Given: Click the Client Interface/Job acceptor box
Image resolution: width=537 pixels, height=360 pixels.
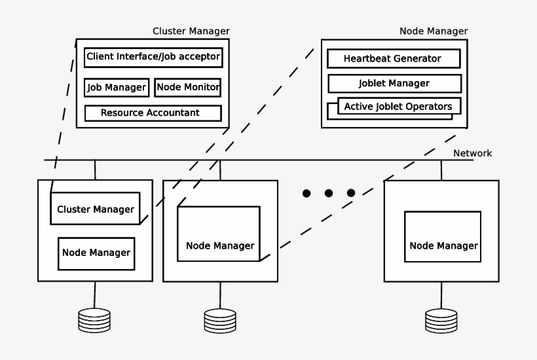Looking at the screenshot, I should pyautogui.click(x=153, y=57).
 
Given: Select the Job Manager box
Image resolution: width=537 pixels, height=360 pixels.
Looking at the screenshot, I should pyautogui.click(x=116, y=87).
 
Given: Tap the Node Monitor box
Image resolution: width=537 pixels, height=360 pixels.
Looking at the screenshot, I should pyautogui.click(x=188, y=87).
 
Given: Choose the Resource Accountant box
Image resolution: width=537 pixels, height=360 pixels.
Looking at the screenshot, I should pyautogui.click(x=153, y=113).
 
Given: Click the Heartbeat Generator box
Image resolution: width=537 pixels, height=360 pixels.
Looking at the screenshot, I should pyautogui.click(x=393, y=58).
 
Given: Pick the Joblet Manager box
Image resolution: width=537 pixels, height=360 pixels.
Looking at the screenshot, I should pyautogui.click(x=394, y=83).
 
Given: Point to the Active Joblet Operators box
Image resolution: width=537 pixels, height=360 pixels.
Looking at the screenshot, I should pyautogui.click(x=398, y=106).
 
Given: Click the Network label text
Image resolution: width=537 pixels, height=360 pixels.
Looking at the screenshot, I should pyautogui.click(x=472, y=153).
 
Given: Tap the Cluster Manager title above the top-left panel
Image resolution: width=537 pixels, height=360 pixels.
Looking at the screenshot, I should pyautogui.click(x=191, y=31).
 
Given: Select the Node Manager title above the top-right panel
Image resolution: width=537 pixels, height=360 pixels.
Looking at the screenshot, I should pyautogui.click(x=434, y=31).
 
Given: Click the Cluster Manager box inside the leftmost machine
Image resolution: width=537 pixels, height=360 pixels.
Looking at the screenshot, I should pyautogui.click(x=96, y=209).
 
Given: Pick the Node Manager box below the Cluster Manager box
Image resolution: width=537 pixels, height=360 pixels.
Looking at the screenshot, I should pyautogui.click(x=96, y=253).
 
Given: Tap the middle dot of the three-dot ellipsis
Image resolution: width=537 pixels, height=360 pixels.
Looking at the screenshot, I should pyautogui.click(x=329, y=193).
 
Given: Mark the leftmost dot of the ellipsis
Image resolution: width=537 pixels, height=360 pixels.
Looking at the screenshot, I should pyautogui.click(x=306, y=193).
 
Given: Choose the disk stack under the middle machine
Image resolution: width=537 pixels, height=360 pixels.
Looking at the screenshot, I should pyautogui.click(x=219, y=320).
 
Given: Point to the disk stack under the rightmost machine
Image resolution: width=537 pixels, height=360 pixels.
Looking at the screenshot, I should pyautogui.click(x=441, y=320).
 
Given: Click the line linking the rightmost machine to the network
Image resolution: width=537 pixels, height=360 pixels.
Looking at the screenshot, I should pyautogui.click(x=441, y=170).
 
